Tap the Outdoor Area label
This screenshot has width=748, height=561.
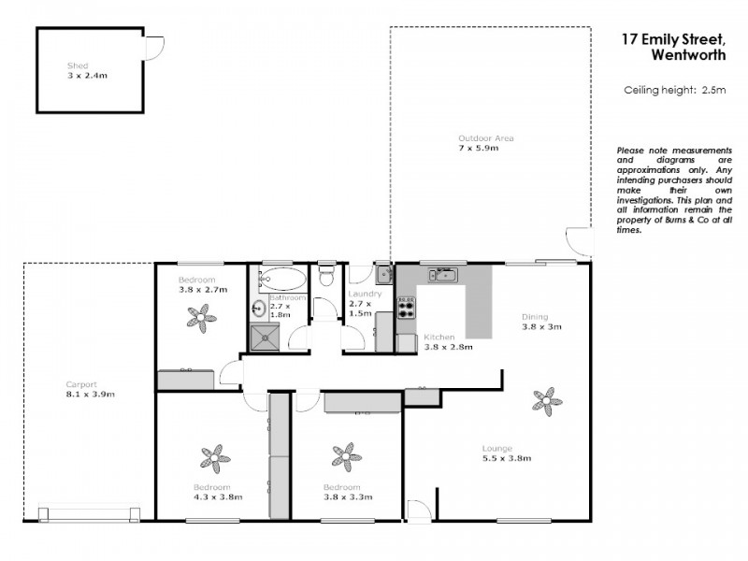(x=479, y=138)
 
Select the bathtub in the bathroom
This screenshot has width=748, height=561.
(x=282, y=278)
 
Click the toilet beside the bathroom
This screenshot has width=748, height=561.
(x=326, y=276)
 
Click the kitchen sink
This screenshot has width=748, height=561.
(x=442, y=275)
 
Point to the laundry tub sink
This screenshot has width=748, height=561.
(x=383, y=274)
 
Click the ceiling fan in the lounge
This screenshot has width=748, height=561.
(x=547, y=401)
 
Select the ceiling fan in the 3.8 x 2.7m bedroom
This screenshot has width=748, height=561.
(x=201, y=318)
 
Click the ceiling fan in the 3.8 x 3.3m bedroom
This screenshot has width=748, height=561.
(x=346, y=456)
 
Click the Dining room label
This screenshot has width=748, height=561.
(x=534, y=317)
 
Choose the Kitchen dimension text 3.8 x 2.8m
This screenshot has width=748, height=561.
(x=448, y=346)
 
